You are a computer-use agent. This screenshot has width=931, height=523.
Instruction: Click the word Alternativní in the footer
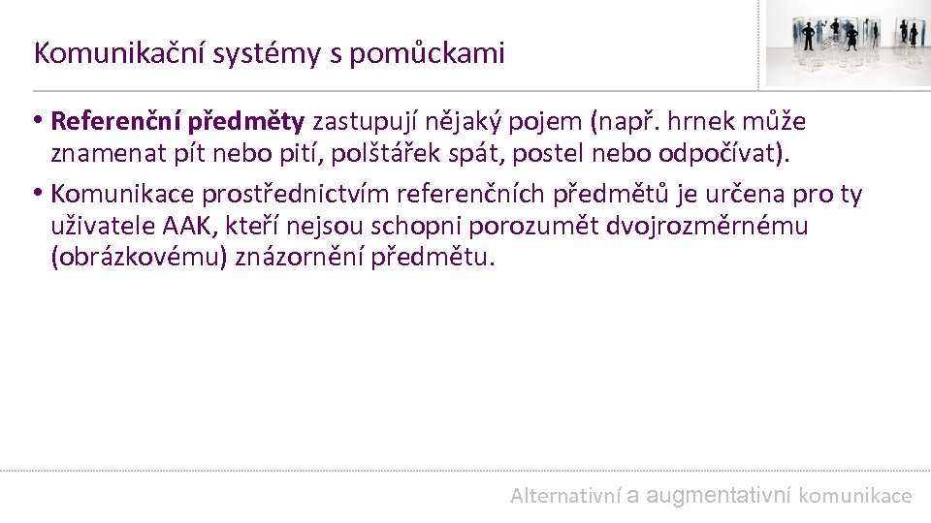(565, 496)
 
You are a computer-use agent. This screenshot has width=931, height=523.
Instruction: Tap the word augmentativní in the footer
(719, 496)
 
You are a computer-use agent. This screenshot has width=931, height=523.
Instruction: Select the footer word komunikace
(855, 496)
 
